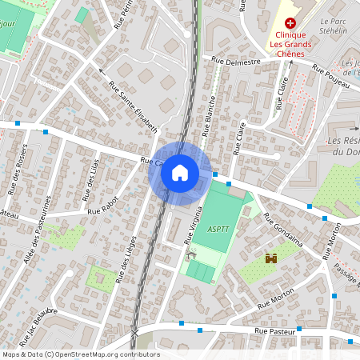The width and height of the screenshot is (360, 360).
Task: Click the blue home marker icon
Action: click(180, 173)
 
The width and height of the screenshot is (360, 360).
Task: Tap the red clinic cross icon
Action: click(290, 24)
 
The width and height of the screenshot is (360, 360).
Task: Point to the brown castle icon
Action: click(270, 258)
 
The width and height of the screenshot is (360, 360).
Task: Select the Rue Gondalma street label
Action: click(282, 231)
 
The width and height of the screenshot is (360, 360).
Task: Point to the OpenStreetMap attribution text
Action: click(80, 354)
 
